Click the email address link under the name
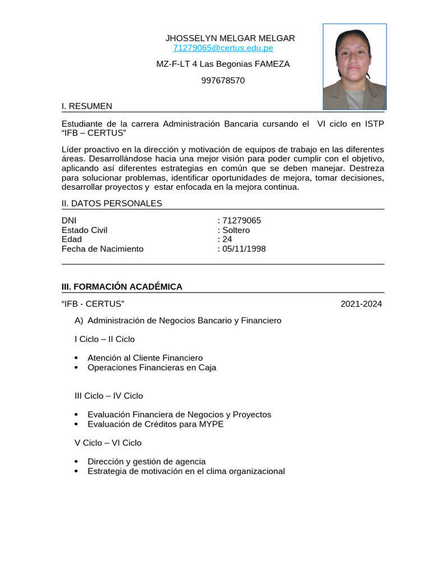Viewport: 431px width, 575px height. point(223,48)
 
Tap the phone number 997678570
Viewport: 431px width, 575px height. point(223,80)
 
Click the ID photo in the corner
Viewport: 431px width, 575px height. point(354,67)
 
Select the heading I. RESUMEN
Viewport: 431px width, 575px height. point(86,106)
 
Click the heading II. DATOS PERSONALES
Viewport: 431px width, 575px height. point(112,203)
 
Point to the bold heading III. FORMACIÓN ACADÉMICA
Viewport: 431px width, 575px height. point(122,287)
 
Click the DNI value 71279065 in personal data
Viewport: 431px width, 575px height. point(241,221)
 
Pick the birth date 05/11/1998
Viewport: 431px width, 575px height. point(244,249)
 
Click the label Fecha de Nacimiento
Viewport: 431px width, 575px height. point(102,249)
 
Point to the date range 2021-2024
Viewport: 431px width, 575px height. point(361,304)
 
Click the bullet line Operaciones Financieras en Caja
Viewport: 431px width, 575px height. point(152,368)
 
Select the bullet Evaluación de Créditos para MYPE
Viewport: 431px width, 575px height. point(155,424)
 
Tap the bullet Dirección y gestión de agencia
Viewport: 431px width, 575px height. point(146,462)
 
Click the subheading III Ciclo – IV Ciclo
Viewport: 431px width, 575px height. point(109,396)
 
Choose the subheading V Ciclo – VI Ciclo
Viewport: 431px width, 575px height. point(108,443)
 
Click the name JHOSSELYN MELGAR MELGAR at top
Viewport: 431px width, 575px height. point(230,38)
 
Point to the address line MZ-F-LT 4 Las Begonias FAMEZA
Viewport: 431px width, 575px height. point(223,64)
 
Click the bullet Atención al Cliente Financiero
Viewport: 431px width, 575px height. point(145,358)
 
